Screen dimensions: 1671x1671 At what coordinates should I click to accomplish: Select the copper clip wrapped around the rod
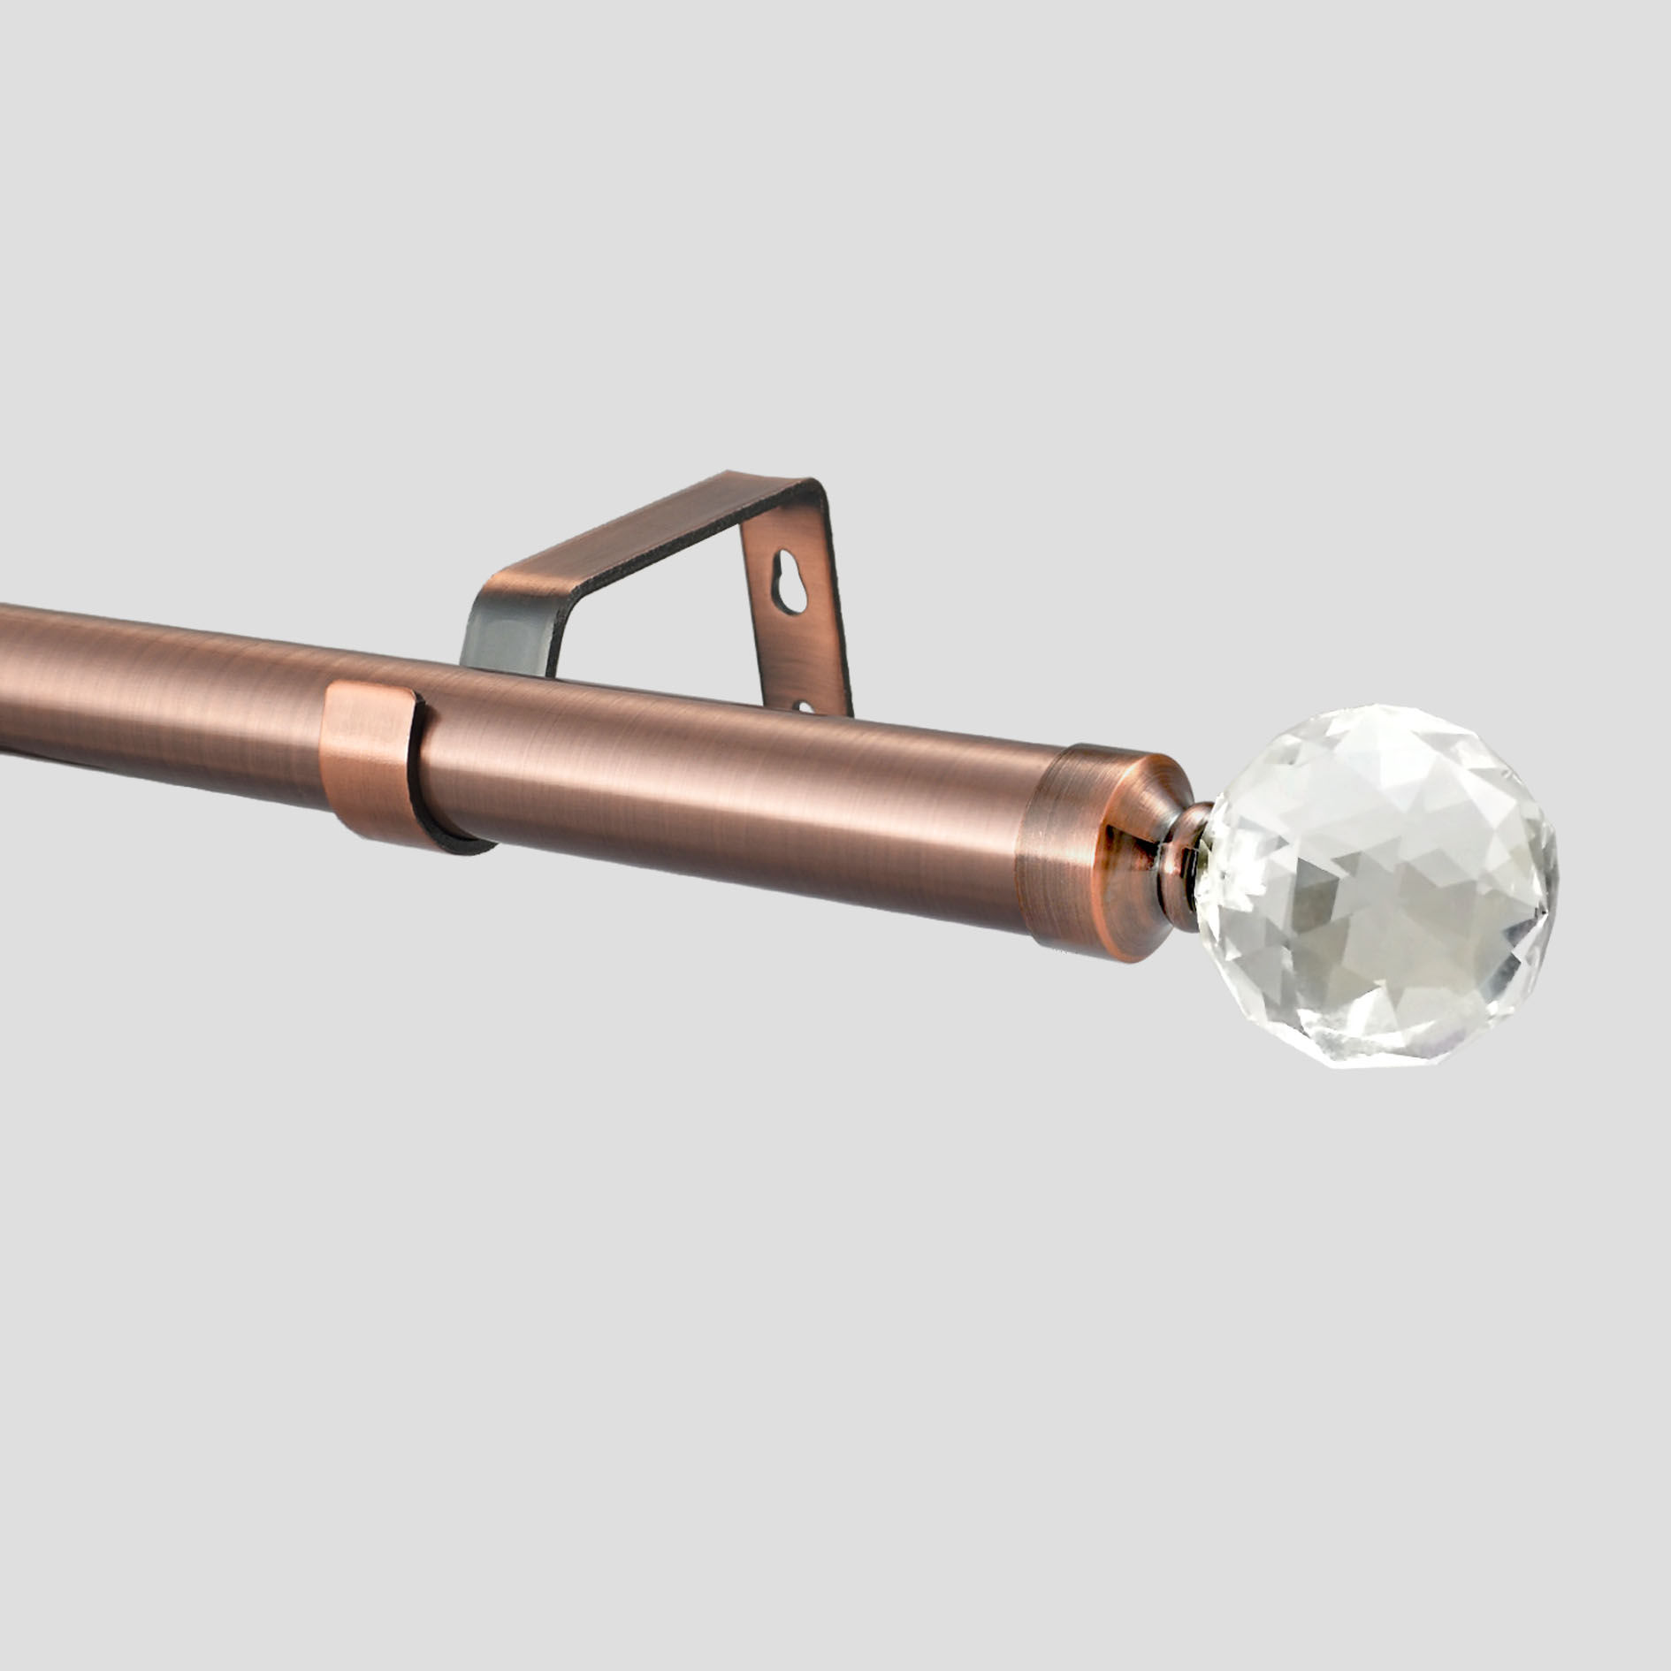tap(371, 761)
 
